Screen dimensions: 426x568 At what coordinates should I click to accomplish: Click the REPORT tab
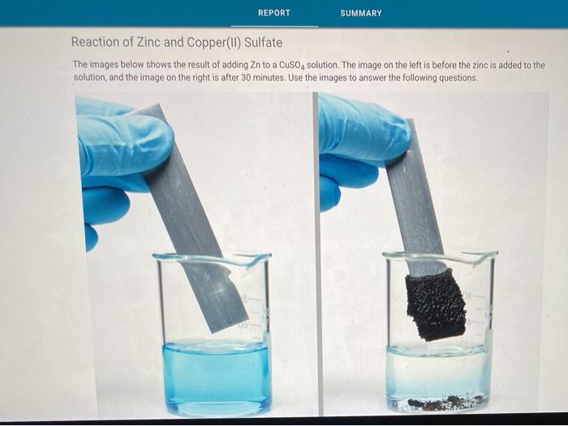point(273,13)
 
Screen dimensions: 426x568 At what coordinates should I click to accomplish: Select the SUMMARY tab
point(361,13)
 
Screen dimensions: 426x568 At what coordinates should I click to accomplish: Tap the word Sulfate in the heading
point(262,42)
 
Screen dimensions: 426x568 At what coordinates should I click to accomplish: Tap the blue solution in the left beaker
point(215,377)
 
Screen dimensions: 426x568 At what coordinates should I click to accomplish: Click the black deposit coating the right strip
point(437,304)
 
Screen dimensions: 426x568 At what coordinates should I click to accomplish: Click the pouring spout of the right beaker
point(489,257)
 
